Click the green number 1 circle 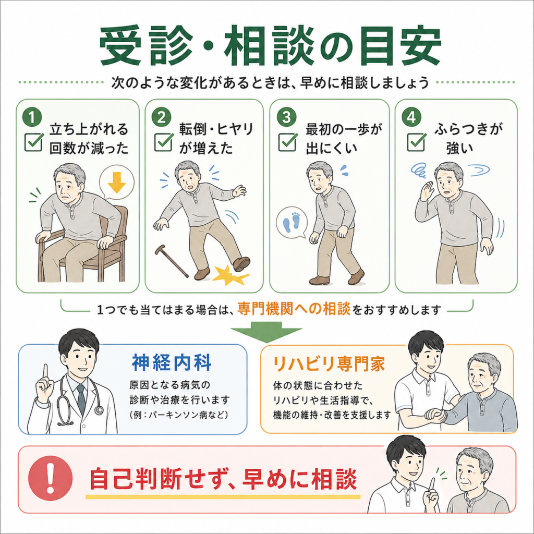[x=32, y=117]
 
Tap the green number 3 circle [x=287, y=117]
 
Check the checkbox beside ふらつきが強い [x=416, y=141]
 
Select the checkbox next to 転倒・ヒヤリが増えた [x=163, y=141]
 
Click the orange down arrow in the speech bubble [x=117, y=183]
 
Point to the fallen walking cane [x=172, y=261]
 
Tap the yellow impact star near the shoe [x=230, y=275]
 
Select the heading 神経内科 [x=172, y=363]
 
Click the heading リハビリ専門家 [x=329, y=363]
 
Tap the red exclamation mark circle [x=51, y=478]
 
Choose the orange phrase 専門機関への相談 [x=294, y=309]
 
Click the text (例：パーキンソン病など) [x=179, y=415]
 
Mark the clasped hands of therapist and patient [x=436, y=416]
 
